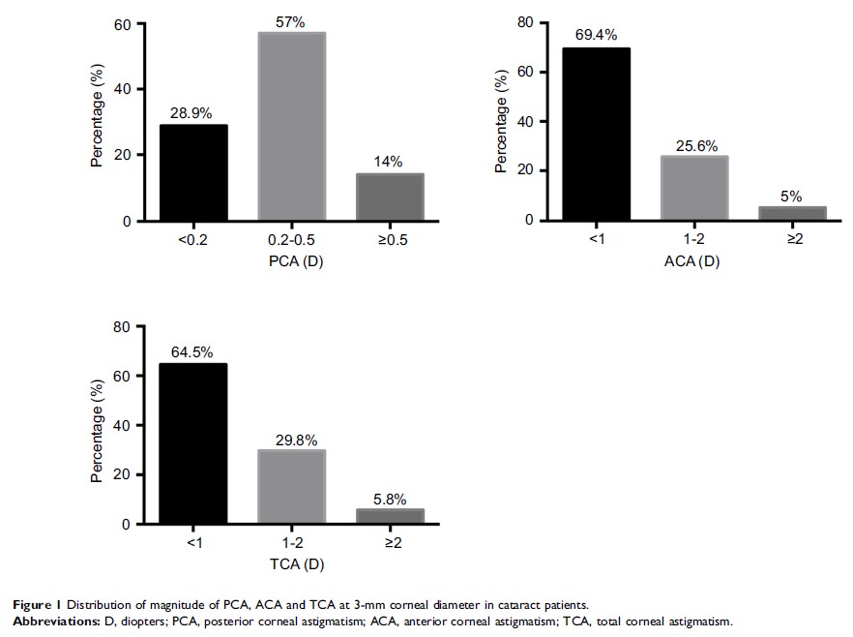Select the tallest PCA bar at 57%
(x=291, y=127)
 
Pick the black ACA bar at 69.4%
(x=597, y=134)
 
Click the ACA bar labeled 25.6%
(x=694, y=188)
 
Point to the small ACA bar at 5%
(x=793, y=213)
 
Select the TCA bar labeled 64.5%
(x=193, y=443)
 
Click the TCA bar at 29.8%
(x=291, y=487)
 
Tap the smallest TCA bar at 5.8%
(x=390, y=516)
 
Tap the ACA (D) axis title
(x=694, y=260)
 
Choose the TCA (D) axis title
(x=291, y=564)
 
